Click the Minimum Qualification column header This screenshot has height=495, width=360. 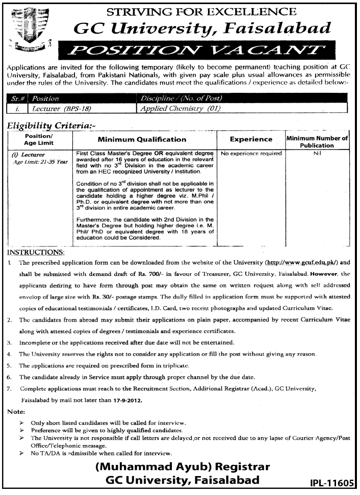(145, 138)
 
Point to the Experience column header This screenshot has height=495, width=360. (251, 138)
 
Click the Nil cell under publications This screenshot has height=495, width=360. (317, 153)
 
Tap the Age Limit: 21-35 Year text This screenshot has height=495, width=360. (41, 161)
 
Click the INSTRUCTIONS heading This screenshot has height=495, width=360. (36, 253)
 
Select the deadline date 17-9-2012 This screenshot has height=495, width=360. (124, 401)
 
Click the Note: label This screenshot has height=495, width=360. (16, 412)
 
